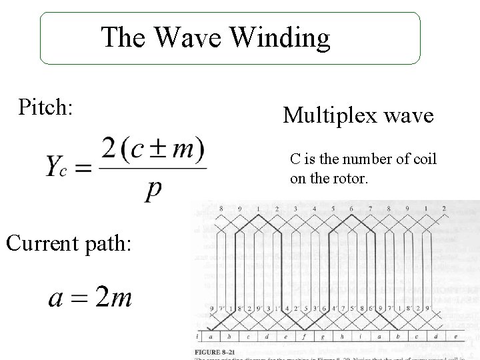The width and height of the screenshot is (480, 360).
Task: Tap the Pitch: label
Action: click(46, 107)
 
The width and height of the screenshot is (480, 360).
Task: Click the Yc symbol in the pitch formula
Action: click(56, 167)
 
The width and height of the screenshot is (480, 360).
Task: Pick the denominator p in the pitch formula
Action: click(153, 190)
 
